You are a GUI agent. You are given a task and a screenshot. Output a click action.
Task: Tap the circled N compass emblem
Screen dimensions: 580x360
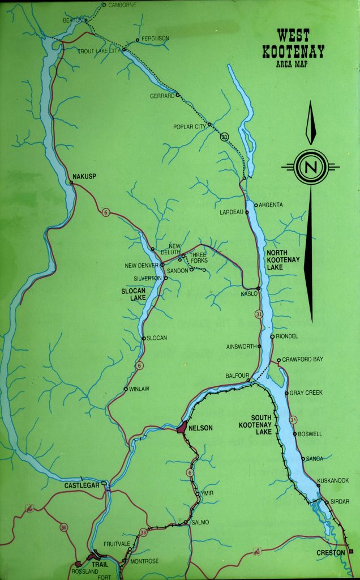310,167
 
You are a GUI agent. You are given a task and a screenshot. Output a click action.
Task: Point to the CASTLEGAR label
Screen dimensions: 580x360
82,485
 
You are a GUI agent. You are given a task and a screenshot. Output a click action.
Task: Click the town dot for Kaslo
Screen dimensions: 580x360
258,288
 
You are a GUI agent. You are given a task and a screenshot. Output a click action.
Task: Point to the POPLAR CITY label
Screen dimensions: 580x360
190,127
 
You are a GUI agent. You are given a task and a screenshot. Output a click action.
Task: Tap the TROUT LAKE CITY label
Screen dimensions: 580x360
100,51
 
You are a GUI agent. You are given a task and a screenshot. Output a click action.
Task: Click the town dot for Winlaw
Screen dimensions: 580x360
126,389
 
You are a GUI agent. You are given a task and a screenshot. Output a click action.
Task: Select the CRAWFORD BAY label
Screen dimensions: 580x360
303,360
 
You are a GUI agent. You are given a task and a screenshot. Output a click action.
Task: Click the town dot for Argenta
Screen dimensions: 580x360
256,205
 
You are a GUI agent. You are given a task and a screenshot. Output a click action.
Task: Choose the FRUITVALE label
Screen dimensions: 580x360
116,544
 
